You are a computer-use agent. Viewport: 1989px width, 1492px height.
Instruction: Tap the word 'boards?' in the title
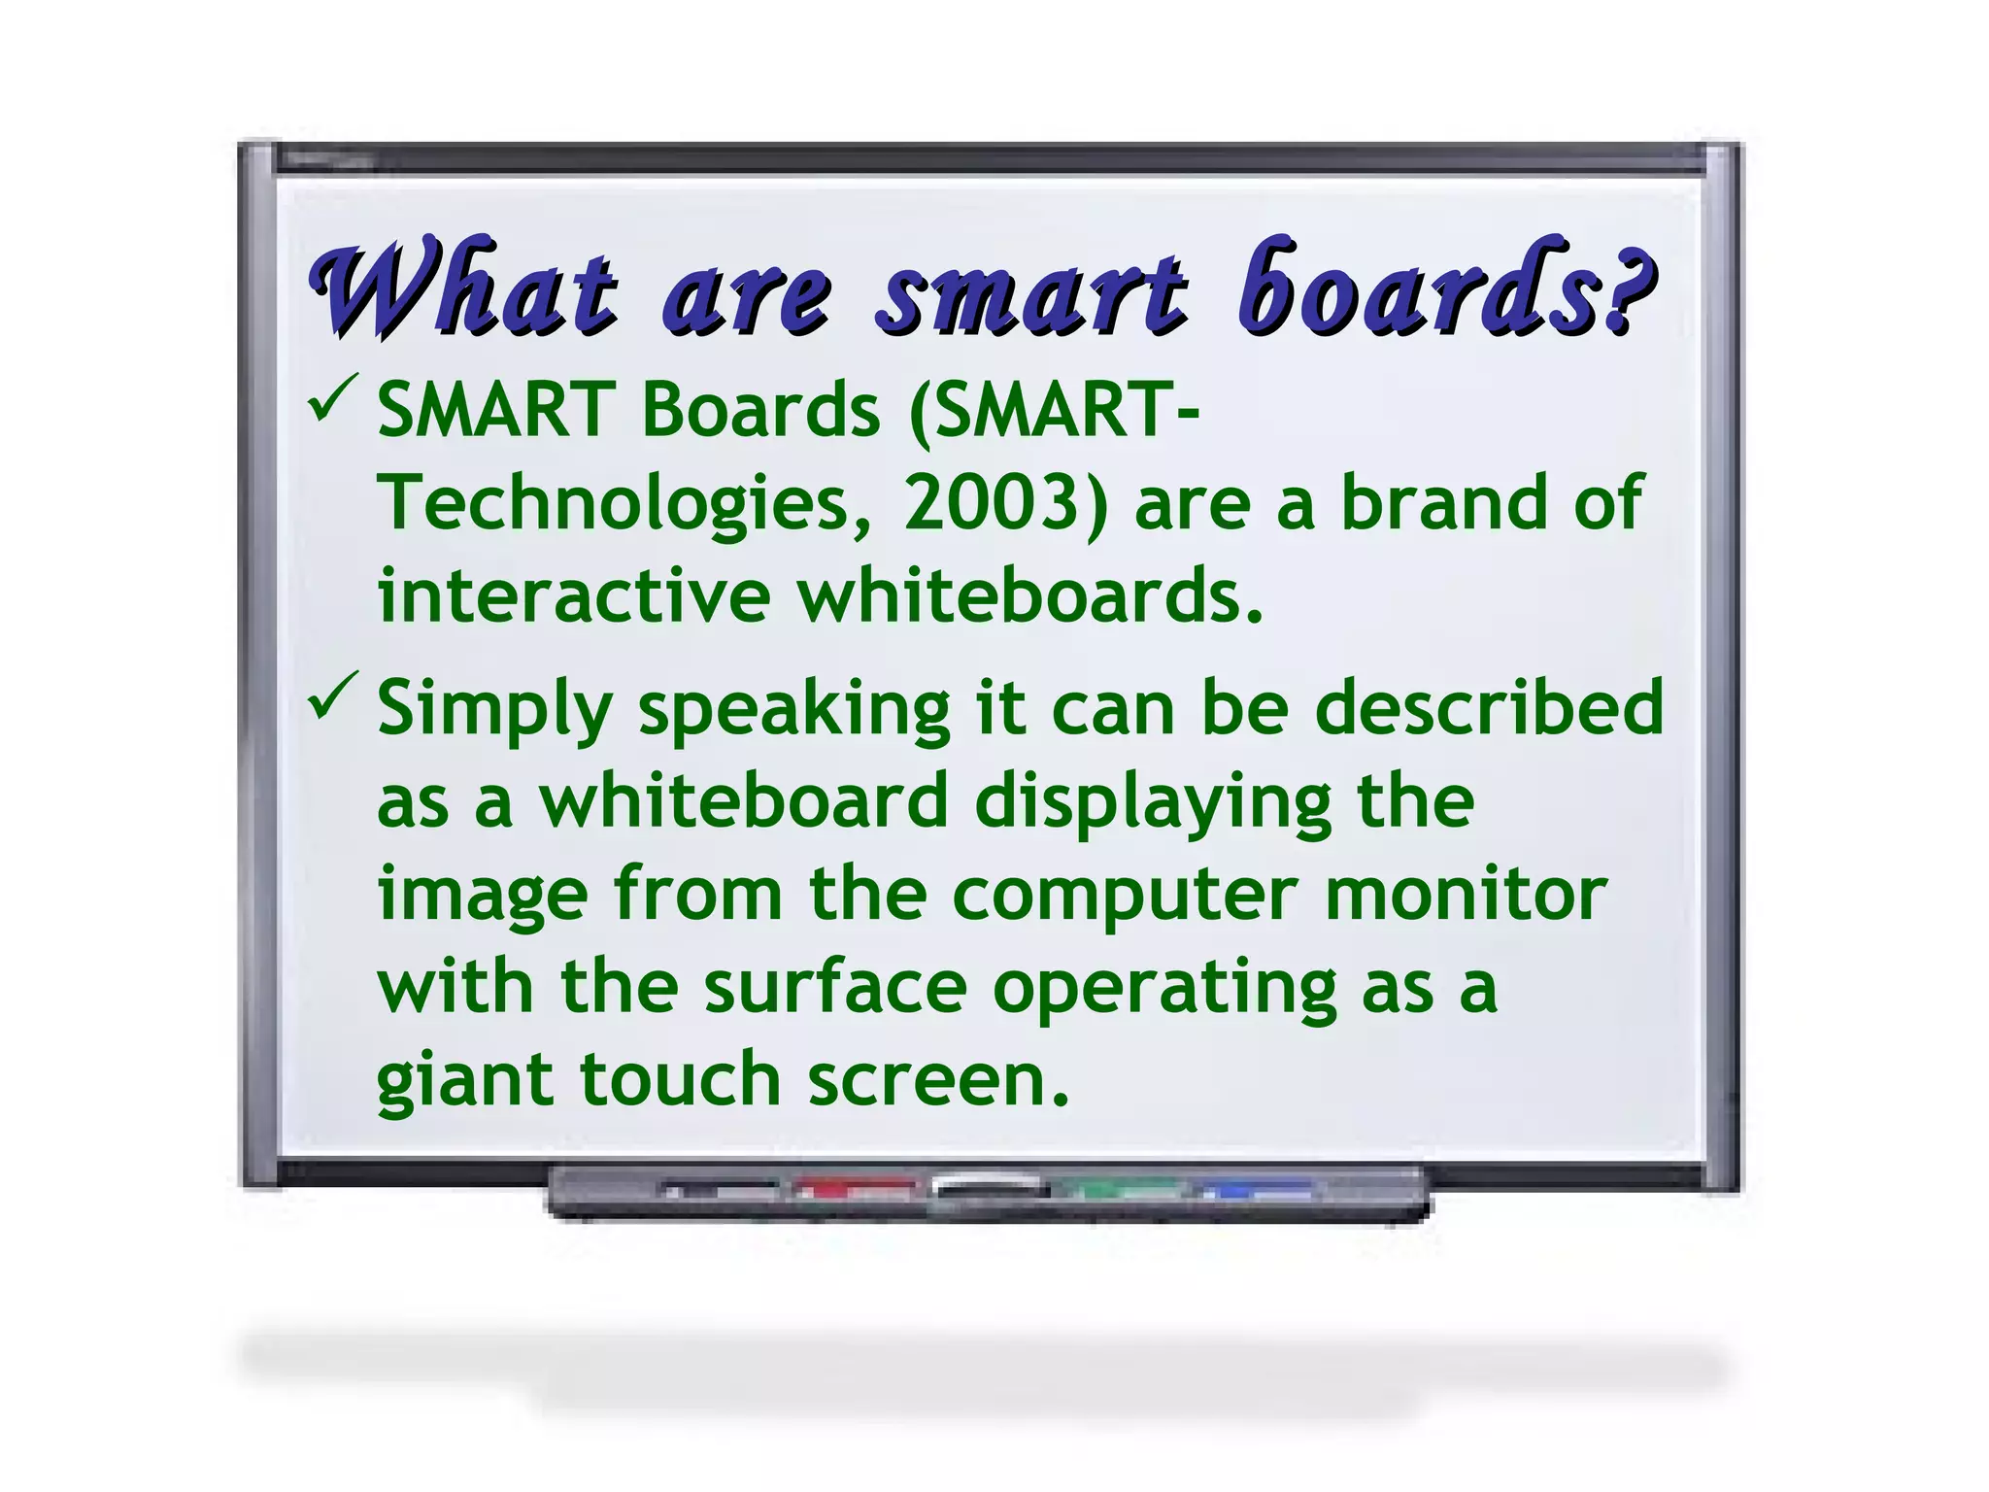tap(1447, 288)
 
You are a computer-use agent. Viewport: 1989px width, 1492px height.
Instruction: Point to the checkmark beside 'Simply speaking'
tap(332, 696)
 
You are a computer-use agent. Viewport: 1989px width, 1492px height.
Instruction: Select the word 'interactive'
tap(574, 595)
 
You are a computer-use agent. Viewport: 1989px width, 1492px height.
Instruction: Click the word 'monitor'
tap(1466, 894)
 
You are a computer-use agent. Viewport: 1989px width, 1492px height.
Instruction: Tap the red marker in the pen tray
tap(854, 1188)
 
